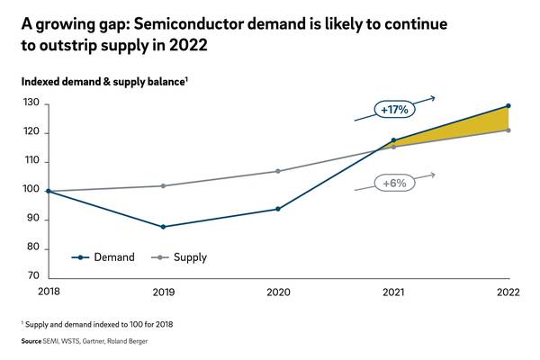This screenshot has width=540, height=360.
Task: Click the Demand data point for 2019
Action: click(162, 227)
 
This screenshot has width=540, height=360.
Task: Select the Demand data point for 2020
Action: click(278, 209)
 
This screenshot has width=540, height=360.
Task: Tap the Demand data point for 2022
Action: click(508, 106)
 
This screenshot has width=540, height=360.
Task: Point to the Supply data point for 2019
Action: click(162, 185)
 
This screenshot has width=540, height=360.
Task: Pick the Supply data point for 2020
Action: click(278, 171)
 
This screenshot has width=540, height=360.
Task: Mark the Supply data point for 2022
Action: click(508, 130)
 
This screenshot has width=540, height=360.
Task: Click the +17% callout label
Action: click(394, 110)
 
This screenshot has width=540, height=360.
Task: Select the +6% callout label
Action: click(394, 183)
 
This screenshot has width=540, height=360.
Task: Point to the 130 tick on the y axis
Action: click(31, 103)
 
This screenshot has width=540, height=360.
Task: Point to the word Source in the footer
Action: click(32, 342)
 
